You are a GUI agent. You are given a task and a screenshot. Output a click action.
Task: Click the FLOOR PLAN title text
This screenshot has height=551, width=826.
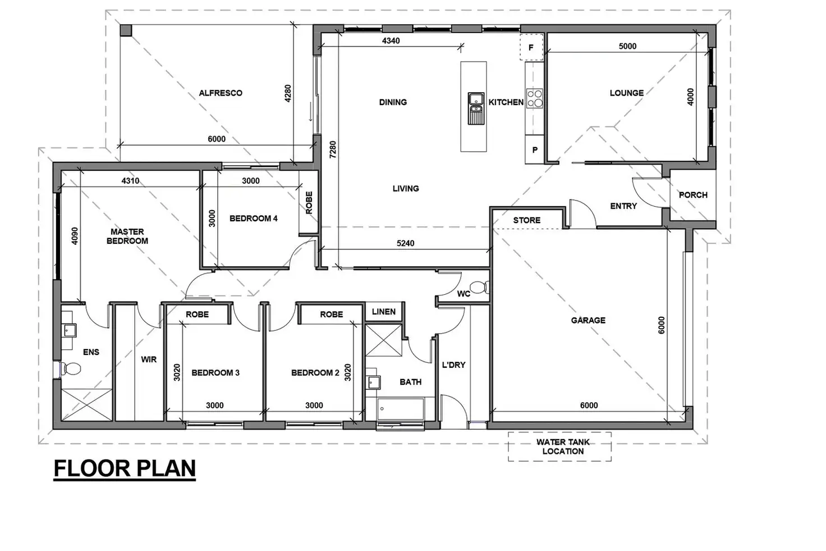(125, 468)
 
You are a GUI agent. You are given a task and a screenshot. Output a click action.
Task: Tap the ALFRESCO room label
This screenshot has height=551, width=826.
(221, 93)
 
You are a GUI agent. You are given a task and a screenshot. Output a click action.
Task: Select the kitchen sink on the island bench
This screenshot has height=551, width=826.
(476, 107)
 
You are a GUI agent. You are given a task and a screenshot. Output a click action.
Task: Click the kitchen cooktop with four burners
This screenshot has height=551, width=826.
(534, 98)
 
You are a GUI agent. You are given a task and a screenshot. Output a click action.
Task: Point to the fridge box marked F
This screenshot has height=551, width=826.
(531, 48)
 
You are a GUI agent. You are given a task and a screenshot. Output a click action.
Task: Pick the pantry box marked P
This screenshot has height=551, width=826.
(535, 150)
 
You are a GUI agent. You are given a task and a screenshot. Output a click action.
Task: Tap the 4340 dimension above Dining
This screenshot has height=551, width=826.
(391, 40)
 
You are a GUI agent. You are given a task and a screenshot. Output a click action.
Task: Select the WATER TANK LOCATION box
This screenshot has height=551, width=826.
(559, 447)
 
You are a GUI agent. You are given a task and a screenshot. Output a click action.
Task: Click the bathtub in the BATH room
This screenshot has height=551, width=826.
(401, 409)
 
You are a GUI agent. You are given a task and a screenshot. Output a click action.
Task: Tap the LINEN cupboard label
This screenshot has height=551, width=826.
(384, 312)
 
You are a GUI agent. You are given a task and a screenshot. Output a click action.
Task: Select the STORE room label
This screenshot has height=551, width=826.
(526, 220)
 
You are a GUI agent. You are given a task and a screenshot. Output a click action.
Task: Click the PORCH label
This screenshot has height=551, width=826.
(693, 195)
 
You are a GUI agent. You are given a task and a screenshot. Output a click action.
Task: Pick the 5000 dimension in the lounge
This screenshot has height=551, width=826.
(627, 46)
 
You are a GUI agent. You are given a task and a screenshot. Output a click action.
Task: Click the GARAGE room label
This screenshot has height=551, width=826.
(588, 320)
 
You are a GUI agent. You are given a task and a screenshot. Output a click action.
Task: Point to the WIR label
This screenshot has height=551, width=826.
(149, 359)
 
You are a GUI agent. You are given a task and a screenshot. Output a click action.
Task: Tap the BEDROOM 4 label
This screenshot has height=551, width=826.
(253, 218)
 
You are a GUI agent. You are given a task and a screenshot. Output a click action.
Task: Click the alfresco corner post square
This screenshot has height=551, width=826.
(126, 30)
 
